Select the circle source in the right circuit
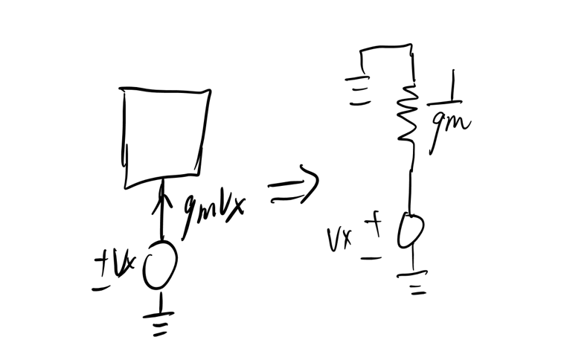click(x=410, y=231)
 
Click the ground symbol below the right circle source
click(x=414, y=283)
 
